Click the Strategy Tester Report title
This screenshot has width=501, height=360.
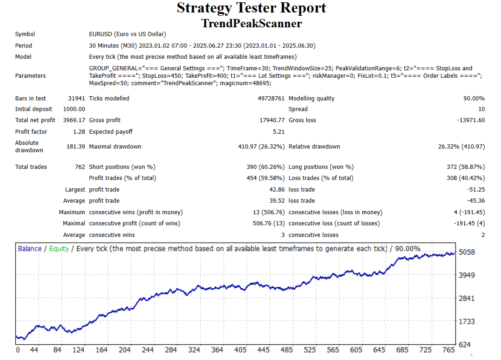point(251,8)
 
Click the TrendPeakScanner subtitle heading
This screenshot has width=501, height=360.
point(251,23)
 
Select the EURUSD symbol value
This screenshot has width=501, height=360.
point(127,34)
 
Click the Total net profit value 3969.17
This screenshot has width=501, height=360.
point(74,120)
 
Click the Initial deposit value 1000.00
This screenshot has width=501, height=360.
point(74,109)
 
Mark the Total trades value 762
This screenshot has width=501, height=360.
point(80,167)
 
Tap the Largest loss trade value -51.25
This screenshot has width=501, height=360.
point(476,190)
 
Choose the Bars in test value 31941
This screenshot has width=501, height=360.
point(76,99)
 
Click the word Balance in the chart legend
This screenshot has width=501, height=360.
point(30,249)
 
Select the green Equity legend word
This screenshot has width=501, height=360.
point(59,249)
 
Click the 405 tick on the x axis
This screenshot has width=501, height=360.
point(240,350)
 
